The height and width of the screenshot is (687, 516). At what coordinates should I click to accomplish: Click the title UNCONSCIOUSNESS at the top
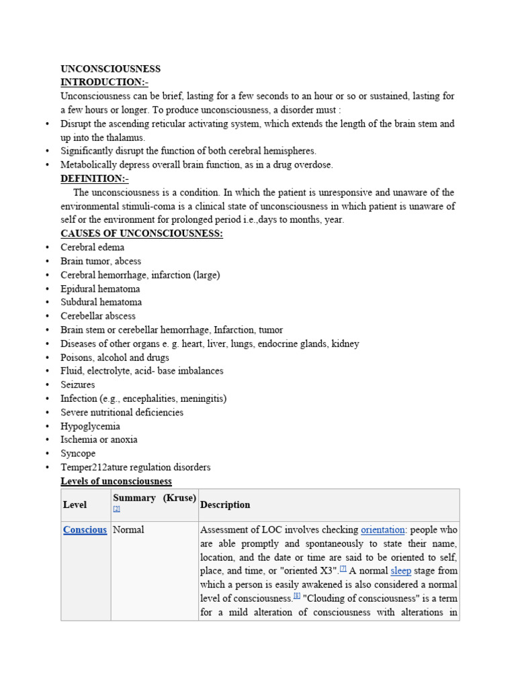click(x=110, y=68)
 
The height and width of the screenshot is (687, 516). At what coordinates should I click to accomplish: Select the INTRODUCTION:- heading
click(x=104, y=82)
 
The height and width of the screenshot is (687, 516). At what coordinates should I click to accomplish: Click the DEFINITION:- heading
click(x=94, y=178)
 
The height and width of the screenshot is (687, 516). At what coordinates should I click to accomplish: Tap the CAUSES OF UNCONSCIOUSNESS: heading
click(x=141, y=233)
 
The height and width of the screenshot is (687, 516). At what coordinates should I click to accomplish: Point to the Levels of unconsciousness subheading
click(x=116, y=481)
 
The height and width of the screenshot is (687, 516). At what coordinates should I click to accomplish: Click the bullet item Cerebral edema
click(x=92, y=248)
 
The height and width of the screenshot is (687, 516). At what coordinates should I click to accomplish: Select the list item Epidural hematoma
click(x=100, y=288)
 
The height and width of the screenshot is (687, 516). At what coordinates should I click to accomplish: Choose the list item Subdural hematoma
click(x=101, y=303)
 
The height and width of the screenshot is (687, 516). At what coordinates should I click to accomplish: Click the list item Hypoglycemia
click(x=91, y=426)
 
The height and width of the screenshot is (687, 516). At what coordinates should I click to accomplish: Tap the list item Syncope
click(x=78, y=454)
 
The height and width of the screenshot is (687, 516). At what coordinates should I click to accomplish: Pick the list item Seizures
click(x=78, y=384)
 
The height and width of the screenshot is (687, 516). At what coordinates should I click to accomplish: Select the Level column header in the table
click(x=75, y=505)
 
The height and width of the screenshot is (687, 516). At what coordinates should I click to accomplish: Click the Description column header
click(x=225, y=505)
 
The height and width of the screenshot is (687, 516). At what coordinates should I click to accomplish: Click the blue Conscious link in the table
click(x=85, y=530)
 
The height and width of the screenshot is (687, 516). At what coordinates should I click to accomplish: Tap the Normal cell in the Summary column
click(x=128, y=530)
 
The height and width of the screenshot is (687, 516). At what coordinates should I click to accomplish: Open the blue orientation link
click(x=382, y=530)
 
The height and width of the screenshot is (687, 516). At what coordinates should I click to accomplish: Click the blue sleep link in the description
click(x=400, y=571)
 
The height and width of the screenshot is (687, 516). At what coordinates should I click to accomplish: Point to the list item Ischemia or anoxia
click(x=99, y=439)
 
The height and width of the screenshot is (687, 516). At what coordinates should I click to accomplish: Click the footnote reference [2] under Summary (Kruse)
click(x=117, y=509)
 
